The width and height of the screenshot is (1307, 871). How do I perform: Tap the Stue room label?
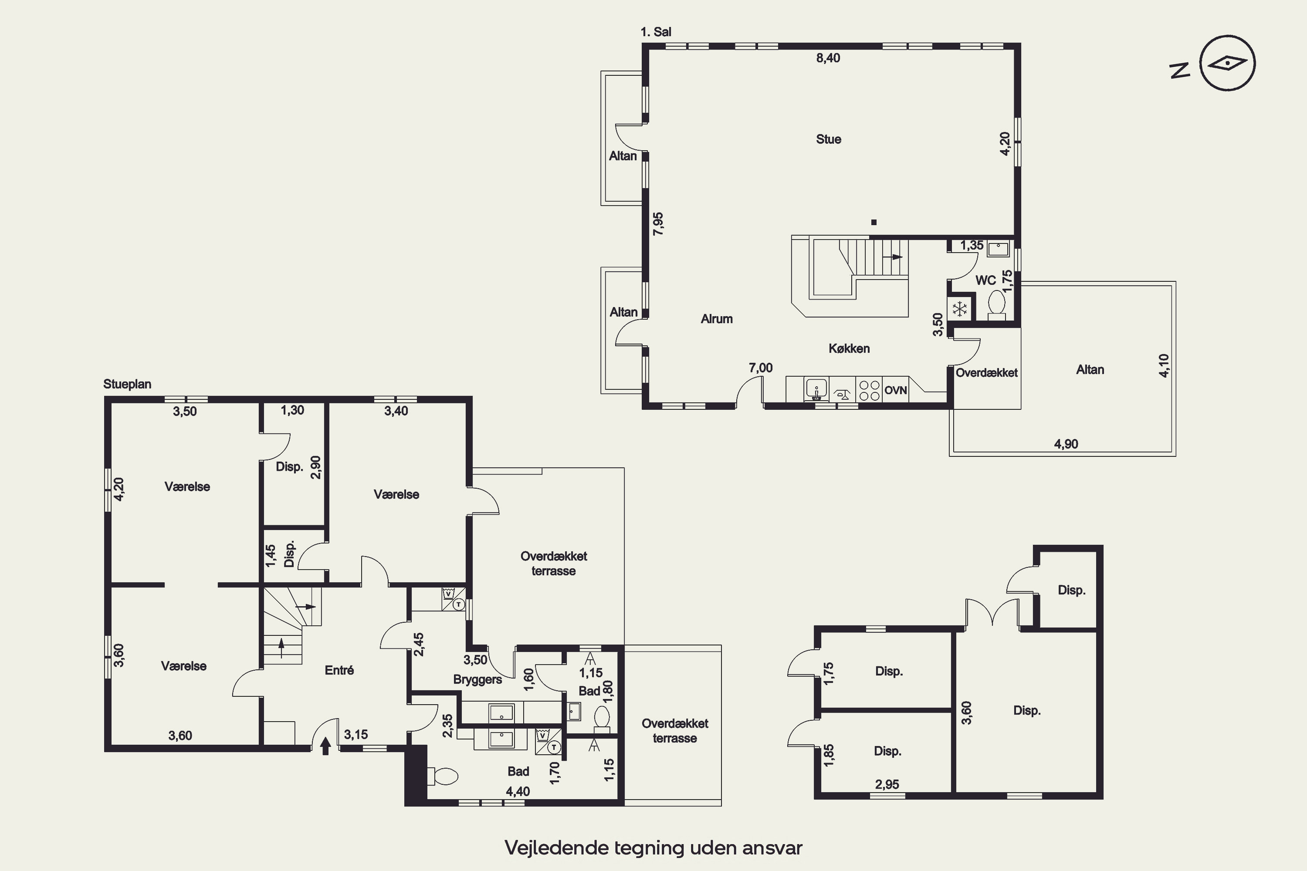[828, 139]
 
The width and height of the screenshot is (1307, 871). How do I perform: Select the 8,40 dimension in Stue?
[828, 58]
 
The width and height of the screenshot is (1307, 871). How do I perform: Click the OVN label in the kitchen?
[895, 390]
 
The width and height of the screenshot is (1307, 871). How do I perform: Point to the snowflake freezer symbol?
[960, 309]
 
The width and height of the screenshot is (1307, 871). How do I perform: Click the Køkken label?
[849, 348]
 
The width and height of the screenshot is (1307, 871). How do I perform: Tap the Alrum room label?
[716, 319]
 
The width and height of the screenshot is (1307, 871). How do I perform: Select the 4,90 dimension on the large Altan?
[1066, 444]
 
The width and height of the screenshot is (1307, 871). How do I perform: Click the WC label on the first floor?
[985, 280]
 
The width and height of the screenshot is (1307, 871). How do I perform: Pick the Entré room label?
[339, 670]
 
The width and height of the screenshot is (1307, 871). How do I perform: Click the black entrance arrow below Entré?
[325, 746]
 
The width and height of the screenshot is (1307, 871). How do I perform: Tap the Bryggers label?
[477, 679]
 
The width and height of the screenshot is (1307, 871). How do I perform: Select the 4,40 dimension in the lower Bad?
[518, 791]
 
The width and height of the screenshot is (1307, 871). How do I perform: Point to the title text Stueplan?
[127, 384]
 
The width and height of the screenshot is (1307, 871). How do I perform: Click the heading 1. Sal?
[656, 32]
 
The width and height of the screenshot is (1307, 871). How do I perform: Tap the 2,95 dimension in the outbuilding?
[887, 784]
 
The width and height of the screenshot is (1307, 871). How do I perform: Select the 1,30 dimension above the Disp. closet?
[292, 410]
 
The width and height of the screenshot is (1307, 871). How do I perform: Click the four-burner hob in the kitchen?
[869, 389]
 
